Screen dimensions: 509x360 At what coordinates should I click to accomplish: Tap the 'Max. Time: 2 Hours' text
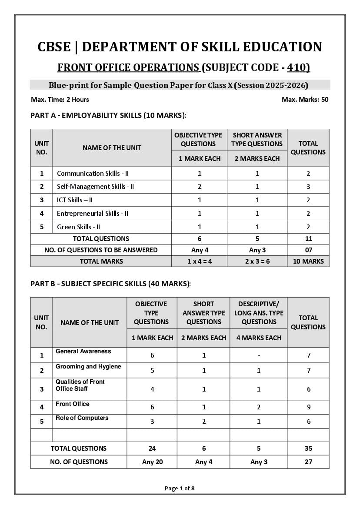pos(60,100)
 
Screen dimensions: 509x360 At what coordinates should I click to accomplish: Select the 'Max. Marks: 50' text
pos(305,100)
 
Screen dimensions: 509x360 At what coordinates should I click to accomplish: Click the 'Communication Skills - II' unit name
pos(93,173)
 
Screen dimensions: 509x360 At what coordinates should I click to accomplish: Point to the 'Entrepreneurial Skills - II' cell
pos(92,213)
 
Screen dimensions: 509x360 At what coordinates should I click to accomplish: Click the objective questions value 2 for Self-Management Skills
pos(200,187)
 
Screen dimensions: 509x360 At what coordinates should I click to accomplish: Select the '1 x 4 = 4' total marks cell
pos(200,261)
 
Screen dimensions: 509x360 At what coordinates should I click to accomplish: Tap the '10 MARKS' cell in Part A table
pos(308,261)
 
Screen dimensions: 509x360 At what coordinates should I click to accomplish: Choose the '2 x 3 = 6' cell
pos(257,261)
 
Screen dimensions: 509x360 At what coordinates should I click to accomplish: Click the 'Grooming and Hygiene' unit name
pos(88,367)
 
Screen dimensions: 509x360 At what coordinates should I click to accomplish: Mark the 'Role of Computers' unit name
pos(82,418)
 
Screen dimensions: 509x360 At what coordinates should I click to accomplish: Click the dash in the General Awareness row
pos(259,355)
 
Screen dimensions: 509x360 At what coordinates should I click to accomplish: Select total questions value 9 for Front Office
pos(308,407)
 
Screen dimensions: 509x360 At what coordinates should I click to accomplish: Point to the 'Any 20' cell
pos(152,462)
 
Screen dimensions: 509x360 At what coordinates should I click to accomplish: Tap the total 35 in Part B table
pos(308,449)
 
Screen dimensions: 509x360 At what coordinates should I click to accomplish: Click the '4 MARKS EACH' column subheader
pos(259,338)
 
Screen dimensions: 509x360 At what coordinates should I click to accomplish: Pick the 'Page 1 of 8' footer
pos(180,489)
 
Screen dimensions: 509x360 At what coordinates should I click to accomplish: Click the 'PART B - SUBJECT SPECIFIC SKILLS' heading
pos(110,284)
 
